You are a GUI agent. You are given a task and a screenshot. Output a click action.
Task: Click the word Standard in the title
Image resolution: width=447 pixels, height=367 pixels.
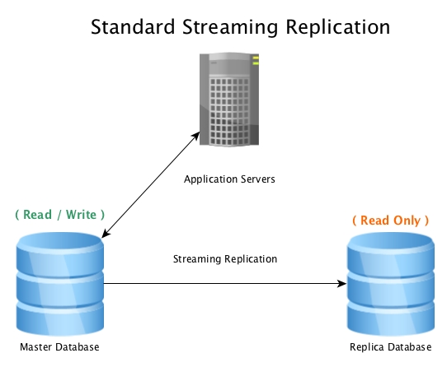(x=133, y=26)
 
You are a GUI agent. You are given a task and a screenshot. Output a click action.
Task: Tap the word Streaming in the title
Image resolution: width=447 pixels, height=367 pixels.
(x=230, y=28)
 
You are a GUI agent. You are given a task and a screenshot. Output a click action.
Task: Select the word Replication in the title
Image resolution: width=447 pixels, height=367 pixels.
(x=338, y=28)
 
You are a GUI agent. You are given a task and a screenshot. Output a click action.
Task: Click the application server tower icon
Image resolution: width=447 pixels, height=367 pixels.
(x=229, y=100)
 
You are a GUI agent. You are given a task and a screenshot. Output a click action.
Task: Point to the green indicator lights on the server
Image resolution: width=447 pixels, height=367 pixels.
(x=256, y=61)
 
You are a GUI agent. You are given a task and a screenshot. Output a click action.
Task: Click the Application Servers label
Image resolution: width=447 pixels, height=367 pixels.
(x=229, y=179)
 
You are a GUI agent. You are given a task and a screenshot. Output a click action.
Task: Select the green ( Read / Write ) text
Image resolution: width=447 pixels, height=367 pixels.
(x=60, y=215)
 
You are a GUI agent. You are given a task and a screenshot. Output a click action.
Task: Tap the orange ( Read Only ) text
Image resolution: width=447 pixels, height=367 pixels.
(x=391, y=221)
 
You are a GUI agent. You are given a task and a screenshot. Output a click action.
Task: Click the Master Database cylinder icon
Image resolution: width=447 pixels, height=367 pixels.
(x=60, y=284)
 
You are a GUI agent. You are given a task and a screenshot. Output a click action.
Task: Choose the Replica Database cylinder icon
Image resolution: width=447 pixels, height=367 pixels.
(x=391, y=284)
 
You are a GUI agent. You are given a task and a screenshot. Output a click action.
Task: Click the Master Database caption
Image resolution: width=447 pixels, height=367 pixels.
(x=59, y=347)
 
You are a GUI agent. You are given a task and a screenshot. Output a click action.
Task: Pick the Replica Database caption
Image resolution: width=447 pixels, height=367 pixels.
(x=391, y=347)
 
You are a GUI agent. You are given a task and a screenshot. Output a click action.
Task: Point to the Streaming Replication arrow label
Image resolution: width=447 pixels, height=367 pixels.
(x=225, y=259)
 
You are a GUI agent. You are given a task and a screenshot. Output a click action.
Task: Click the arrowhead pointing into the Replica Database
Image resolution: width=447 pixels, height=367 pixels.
(x=341, y=283)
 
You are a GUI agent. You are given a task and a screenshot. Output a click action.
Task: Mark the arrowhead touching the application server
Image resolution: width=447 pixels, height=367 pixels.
(x=195, y=136)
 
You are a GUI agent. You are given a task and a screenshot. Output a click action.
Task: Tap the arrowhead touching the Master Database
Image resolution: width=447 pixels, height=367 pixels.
(x=106, y=234)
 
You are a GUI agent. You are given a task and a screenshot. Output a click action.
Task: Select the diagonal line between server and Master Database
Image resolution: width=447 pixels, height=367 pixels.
(x=151, y=184)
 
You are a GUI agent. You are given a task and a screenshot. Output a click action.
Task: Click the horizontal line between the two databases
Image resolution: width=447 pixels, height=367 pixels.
(x=225, y=283)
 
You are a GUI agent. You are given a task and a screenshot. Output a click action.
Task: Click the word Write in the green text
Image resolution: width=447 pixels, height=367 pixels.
(x=82, y=215)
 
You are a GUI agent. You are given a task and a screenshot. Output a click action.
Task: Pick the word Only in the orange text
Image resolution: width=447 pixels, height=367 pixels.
(x=407, y=221)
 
